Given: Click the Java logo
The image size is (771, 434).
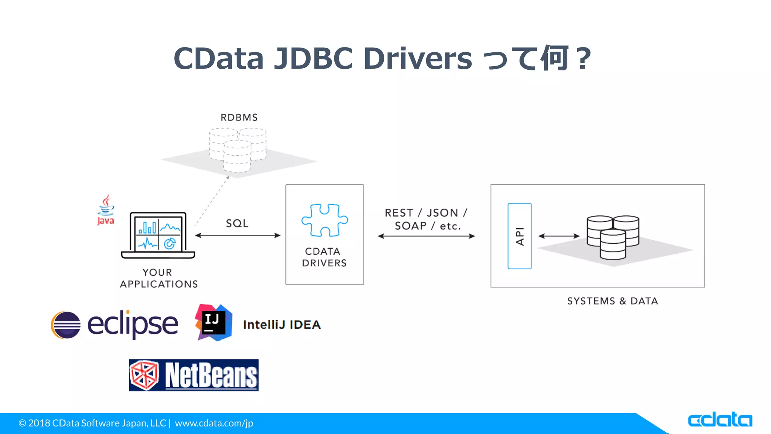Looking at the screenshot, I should [x=106, y=210].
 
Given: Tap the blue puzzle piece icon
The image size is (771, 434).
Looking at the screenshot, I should [x=325, y=220].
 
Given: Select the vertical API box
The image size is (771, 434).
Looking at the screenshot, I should [x=520, y=236].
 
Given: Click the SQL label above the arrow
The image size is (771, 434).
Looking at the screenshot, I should [x=237, y=223].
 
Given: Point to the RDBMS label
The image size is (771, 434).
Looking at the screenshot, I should [x=239, y=118].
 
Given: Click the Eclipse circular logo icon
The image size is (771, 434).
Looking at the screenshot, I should [x=66, y=325].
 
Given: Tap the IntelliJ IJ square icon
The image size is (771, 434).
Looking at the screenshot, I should [x=213, y=323].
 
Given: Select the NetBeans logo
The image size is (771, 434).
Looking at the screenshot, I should [x=194, y=375].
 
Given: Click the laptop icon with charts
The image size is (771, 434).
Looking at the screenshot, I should [x=158, y=235].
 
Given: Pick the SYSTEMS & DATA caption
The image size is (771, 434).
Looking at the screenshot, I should [x=613, y=301].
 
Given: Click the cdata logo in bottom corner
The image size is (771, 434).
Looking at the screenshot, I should [x=720, y=420].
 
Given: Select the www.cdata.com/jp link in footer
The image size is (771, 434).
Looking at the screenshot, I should [x=214, y=423].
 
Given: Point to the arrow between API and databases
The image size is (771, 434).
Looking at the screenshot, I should [x=559, y=236].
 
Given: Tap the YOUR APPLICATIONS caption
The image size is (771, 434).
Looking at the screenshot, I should [x=158, y=278].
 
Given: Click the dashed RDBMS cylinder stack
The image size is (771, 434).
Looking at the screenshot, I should [x=238, y=149].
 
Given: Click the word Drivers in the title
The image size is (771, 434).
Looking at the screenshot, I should [x=417, y=59].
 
